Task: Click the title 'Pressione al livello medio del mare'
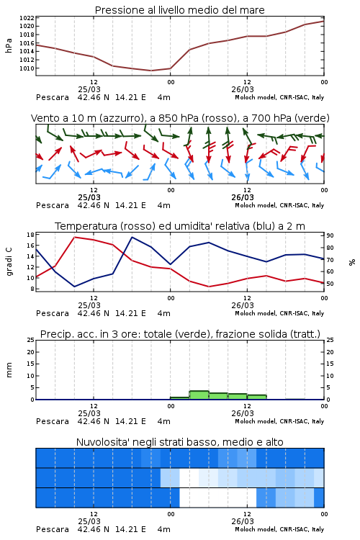point(179,10)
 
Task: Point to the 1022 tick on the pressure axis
point(27,18)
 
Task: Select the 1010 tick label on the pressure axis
point(27,68)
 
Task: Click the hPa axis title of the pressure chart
point(9,45)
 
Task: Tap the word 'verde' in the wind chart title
point(312,118)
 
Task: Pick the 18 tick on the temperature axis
point(30,235)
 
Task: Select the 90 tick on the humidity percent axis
point(330,235)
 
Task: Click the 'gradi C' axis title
point(9,261)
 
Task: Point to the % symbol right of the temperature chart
point(352,262)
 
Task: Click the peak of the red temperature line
point(75,238)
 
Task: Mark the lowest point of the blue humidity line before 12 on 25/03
point(74,287)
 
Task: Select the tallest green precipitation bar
point(199,395)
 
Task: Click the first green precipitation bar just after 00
point(180,398)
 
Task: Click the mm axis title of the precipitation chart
point(9,369)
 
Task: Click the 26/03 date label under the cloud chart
point(243,521)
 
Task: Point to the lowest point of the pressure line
point(151,71)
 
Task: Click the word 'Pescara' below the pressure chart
point(53,97)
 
